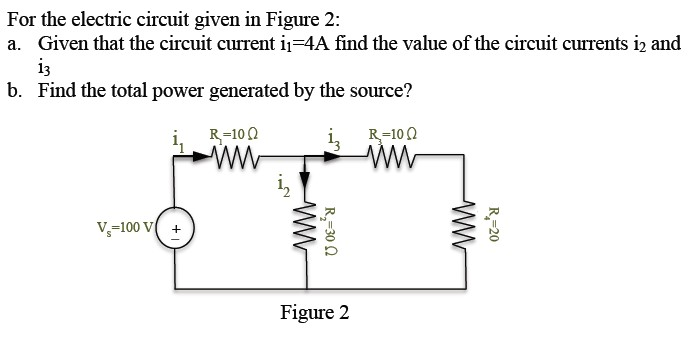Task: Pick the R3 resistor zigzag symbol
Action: [395, 156]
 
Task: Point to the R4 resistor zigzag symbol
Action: [463, 236]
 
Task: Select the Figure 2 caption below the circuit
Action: [315, 314]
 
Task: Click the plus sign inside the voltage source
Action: [176, 229]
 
